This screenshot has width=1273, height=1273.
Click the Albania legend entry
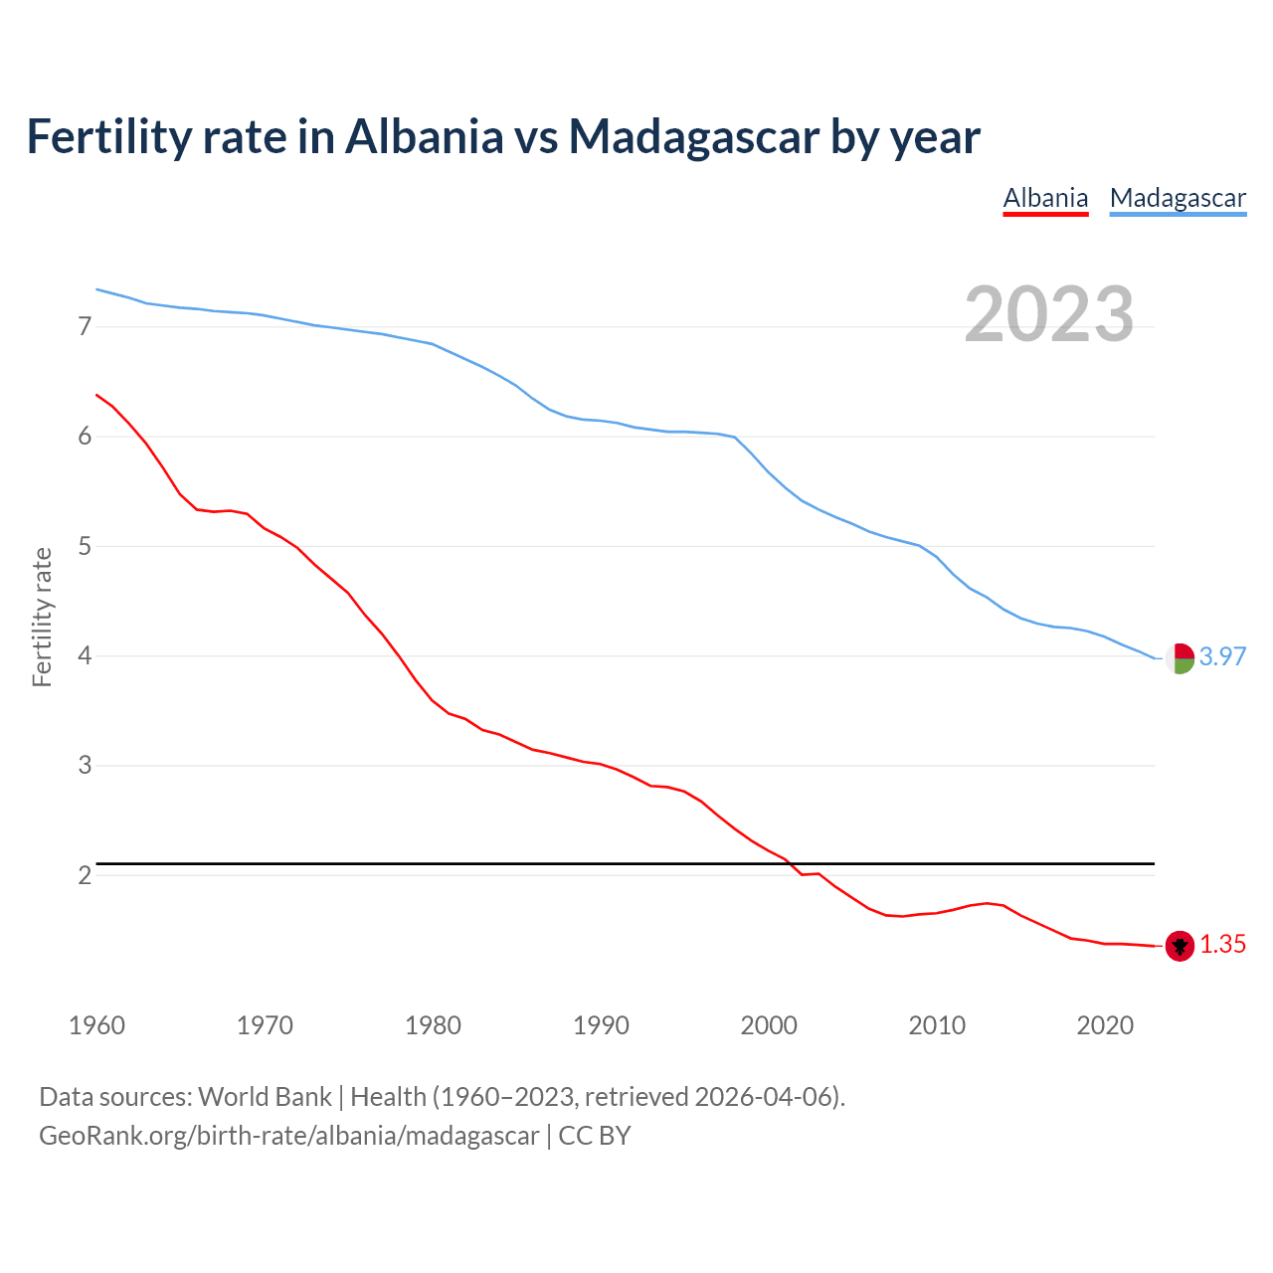(x=1045, y=198)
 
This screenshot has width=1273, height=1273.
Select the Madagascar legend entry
(x=1178, y=198)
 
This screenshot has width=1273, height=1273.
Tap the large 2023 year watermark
(x=1049, y=314)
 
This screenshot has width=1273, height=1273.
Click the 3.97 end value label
(x=1222, y=656)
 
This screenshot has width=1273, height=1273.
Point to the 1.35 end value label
(x=1222, y=944)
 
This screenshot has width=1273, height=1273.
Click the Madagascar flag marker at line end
(x=1180, y=658)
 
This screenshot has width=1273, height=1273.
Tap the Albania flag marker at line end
(x=1180, y=946)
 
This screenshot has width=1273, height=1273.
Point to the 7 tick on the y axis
(x=85, y=326)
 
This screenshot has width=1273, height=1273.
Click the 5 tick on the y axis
(x=85, y=546)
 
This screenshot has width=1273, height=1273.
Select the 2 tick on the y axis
(x=85, y=875)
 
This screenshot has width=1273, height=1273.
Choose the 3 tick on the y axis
(x=85, y=766)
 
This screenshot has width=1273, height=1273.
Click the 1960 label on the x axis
(x=96, y=1025)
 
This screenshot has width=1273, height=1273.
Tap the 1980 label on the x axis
(x=433, y=1025)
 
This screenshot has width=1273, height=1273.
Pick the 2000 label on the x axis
(x=769, y=1025)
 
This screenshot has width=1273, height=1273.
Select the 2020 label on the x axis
(x=1105, y=1025)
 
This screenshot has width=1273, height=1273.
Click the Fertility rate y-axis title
(x=42, y=617)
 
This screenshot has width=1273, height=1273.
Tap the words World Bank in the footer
(x=265, y=1096)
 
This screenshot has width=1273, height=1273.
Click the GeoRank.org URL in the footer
(x=288, y=1135)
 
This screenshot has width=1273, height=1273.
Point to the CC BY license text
(x=595, y=1135)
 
